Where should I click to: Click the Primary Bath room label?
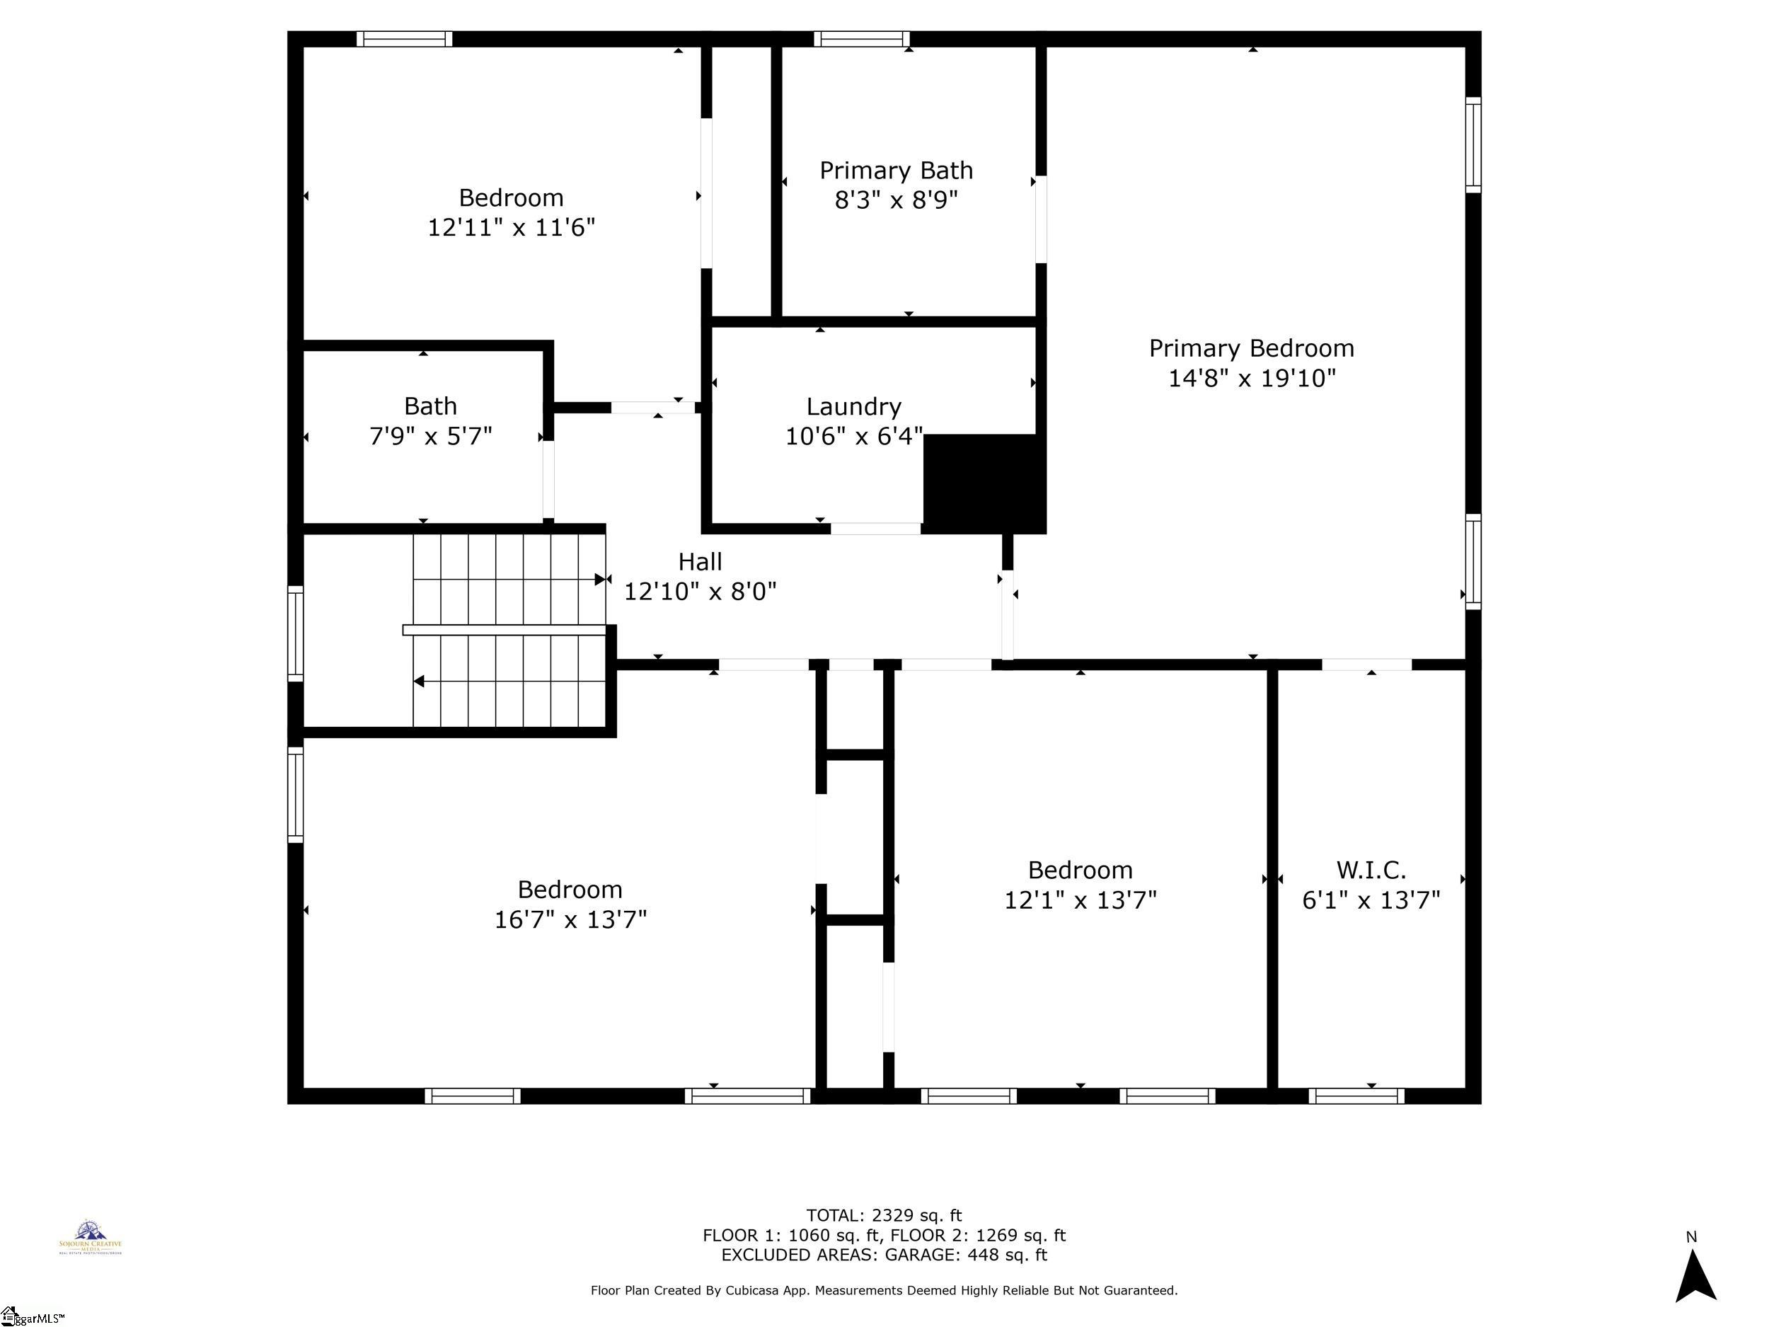(896, 171)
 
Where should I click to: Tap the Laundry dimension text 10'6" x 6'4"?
(853, 437)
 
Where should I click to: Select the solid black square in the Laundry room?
(984, 483)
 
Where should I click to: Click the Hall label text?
(700, 561)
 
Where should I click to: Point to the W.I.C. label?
(1371, 870)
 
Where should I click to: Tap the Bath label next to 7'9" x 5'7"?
(430, 406)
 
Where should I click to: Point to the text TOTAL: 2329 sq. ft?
(884, 1215)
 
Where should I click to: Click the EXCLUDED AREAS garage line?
(884, 1254)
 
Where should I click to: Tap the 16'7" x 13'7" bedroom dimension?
(570, 919)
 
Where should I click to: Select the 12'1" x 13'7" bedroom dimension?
(1080, 900)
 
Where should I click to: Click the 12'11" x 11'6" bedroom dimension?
(511, 227)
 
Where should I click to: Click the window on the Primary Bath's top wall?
(861, 38)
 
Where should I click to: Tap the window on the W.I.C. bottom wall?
(1356, 1096)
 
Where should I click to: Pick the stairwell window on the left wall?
(295, 633)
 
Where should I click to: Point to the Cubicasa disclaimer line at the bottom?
(884, 1290)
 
